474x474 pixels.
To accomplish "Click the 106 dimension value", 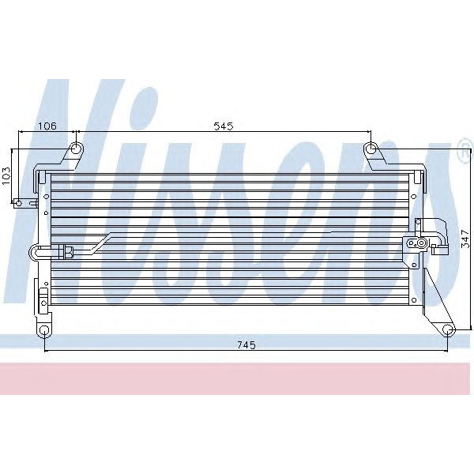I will click(x=47, y=124).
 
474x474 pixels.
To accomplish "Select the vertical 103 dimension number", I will click(x=7, y=175).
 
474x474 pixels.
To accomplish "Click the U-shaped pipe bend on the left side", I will click(x=34, y=253).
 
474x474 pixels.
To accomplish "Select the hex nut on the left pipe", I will click(x=70, y=253).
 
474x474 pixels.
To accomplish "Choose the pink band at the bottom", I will click(x=237, y=378).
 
